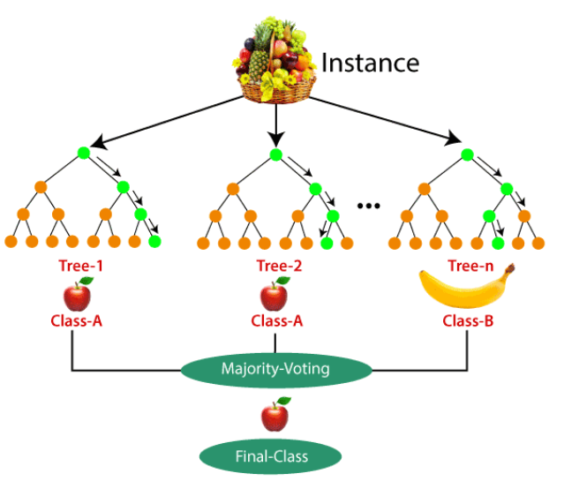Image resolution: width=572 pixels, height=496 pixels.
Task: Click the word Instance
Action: point(369,63)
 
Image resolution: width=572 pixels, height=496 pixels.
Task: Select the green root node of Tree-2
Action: point(276,154)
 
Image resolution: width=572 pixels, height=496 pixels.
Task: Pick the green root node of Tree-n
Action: point(466,154)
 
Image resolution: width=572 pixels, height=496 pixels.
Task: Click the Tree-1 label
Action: point(77,266)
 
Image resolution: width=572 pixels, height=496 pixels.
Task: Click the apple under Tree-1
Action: point(78,293)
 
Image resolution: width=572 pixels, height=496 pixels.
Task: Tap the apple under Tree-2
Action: point(275,293)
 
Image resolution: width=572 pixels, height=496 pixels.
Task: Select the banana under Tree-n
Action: point(465,288)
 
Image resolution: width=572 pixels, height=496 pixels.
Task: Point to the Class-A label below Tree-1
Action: point(77,320)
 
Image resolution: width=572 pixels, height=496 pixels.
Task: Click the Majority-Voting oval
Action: point(276,369)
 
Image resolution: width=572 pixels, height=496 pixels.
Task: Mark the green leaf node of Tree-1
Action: point(154,242)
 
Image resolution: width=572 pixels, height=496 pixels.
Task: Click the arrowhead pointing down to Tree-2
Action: point(276,141)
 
